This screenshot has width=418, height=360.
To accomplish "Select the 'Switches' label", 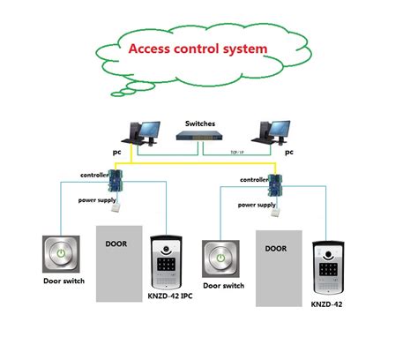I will pyautogui.click(x=199, y=123).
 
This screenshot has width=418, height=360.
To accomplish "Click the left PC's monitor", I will pyautogui.click(x=148, y=129).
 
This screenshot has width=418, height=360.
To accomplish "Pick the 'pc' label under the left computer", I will pyautogui.click(x=116, y=152).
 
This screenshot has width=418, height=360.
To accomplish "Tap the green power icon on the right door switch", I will pyautogui.click(x=220, y=260).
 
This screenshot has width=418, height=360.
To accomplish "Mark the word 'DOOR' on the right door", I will pyautogui.click(x=275, y=250).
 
